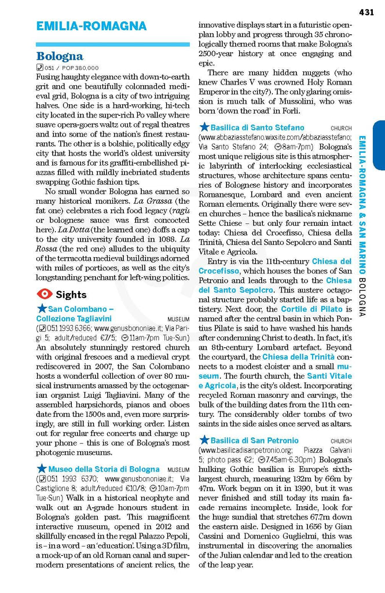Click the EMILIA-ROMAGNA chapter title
tap(91, 26)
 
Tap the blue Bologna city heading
tap(60, 57)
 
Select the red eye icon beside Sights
tap(43, 294)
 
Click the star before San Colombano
tap(42, 309)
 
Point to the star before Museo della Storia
tap(42, 468)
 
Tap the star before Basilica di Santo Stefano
tap(204, 127)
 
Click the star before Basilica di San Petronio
tap(204, 440)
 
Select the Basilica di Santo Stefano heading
tap(257, 127)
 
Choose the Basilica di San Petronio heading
tap(255, 440)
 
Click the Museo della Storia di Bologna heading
tap(104, 469)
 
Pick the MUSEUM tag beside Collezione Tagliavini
tap(178, 319)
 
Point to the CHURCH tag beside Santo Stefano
tap(341, 128)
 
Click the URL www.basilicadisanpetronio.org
tap(245, 450)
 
